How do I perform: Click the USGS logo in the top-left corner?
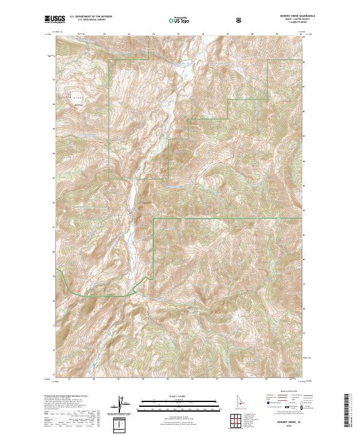coord(55,20)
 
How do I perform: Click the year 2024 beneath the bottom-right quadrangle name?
coord(288,427)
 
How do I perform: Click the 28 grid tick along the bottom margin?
coord(241,379)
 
